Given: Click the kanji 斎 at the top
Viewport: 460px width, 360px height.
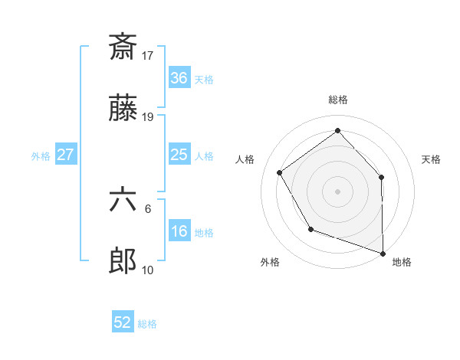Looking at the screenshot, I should point(123,47).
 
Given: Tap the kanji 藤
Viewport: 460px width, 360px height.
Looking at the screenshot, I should point(123,111).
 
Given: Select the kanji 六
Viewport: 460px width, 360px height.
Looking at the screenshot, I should point(123,201).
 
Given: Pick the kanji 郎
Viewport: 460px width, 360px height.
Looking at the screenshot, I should point(123,263).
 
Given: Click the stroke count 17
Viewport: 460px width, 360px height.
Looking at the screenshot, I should point(148,55).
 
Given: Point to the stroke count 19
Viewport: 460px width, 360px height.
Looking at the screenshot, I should point(148,117).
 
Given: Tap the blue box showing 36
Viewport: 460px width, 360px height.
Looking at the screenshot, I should point(179,77).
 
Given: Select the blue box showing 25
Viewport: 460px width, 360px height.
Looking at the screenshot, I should point(179,154).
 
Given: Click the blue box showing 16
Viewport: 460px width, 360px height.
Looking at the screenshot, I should point(179,231).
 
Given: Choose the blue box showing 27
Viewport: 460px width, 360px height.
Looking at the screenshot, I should point(66,154).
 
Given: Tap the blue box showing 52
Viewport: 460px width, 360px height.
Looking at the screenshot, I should point(123,322).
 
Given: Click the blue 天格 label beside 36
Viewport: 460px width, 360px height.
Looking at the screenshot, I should point(204,79).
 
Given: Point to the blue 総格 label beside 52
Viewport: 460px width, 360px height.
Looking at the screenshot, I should point(147,324).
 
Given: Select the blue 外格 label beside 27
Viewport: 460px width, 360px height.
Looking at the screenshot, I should point(41,156).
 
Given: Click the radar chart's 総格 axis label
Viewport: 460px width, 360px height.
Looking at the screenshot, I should point(338,100).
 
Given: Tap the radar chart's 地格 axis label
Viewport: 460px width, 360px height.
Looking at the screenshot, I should point(402,263).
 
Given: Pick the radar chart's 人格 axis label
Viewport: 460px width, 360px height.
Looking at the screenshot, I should point(245,159).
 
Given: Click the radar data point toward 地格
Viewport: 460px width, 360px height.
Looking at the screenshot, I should point(383,252).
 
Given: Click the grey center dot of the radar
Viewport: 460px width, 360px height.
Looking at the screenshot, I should point(338,191).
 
